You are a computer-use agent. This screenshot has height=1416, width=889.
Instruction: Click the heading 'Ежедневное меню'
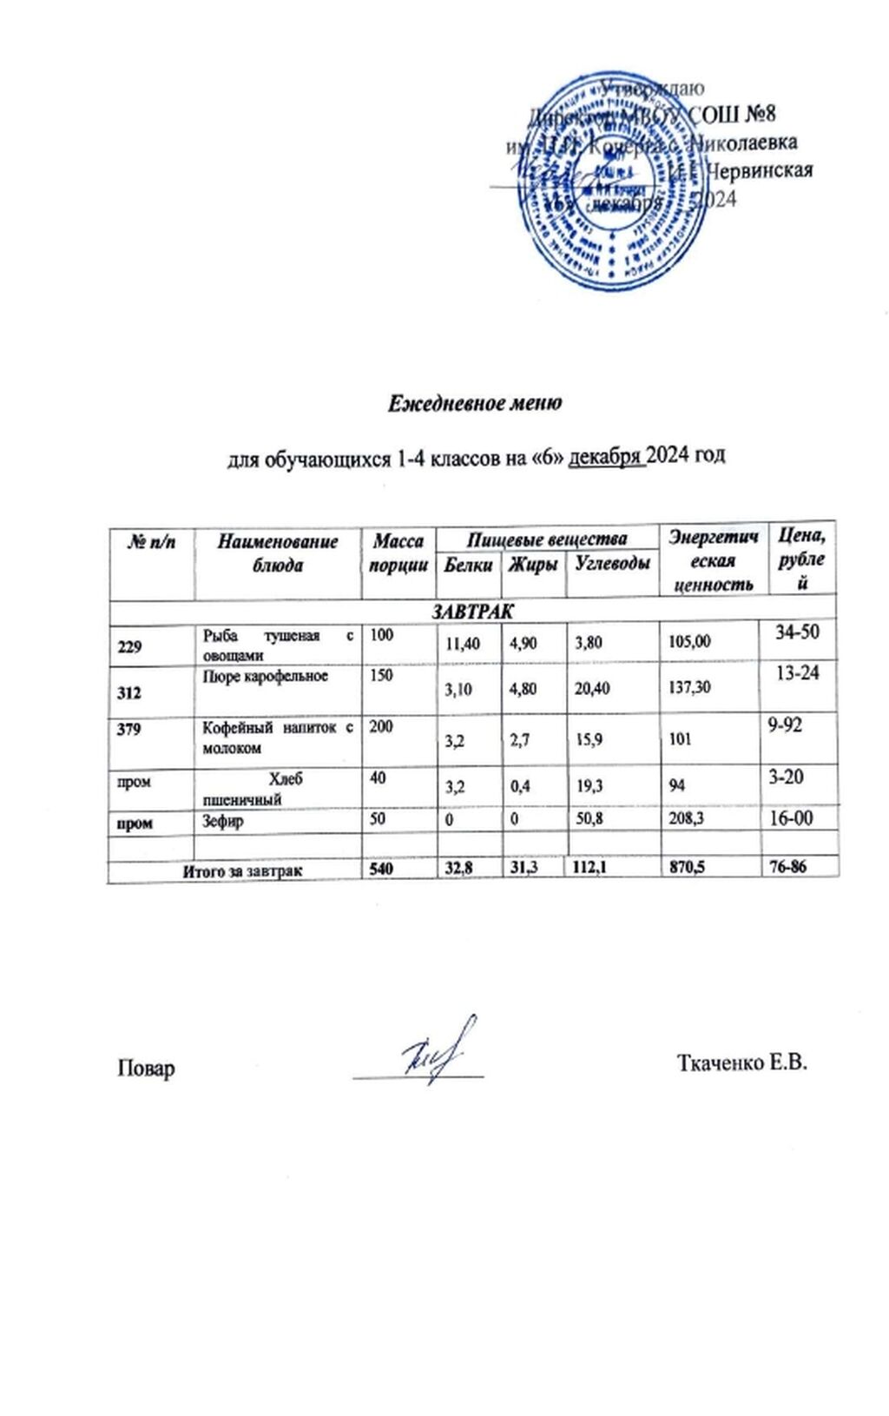click(474, 403)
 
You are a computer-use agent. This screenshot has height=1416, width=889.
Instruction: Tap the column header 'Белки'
click(468, 566)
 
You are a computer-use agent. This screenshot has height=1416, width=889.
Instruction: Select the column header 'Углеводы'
click(613, 564)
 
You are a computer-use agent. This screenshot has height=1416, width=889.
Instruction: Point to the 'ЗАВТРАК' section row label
click(473, 611)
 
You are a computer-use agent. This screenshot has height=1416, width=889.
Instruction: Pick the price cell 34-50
click(797, 632)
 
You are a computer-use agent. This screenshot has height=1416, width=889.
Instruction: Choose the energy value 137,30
click(689, 687)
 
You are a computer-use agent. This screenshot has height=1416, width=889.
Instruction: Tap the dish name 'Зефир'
click(223, 821)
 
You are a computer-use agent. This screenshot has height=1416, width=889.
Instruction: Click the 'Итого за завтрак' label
click(242, 870)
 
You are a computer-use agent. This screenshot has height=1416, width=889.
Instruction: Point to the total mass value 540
click(381, 868)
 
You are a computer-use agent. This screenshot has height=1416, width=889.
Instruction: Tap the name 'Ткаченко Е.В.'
click(741, 1063)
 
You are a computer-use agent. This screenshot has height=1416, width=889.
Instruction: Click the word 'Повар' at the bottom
click(146, 1068)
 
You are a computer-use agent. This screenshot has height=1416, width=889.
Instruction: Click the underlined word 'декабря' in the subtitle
click(606, 457)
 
